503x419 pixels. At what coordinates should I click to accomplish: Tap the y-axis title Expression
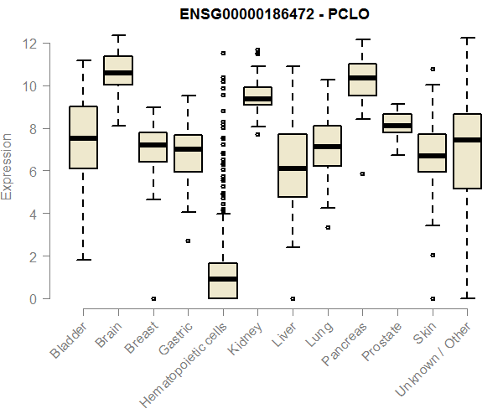coord(8,166)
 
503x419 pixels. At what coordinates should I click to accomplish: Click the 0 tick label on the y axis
coord(32,298)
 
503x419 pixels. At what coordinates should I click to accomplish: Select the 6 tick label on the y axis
coord(32,171)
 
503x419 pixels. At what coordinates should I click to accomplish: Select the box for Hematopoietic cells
coord(222,281)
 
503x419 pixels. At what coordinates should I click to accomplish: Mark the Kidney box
coord(257,96)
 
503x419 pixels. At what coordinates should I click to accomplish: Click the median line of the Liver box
coord(292,168)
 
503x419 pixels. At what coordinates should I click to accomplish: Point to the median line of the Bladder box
coord(82,138)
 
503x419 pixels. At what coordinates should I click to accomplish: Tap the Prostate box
coord(397,123)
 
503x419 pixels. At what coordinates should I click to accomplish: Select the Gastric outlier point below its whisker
coord(188,241)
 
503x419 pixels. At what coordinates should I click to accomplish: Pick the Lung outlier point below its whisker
coord(327,227)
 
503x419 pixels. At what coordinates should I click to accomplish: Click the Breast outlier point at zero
coord(153,298)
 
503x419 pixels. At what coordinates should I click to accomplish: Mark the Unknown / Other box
coord(467,151)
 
